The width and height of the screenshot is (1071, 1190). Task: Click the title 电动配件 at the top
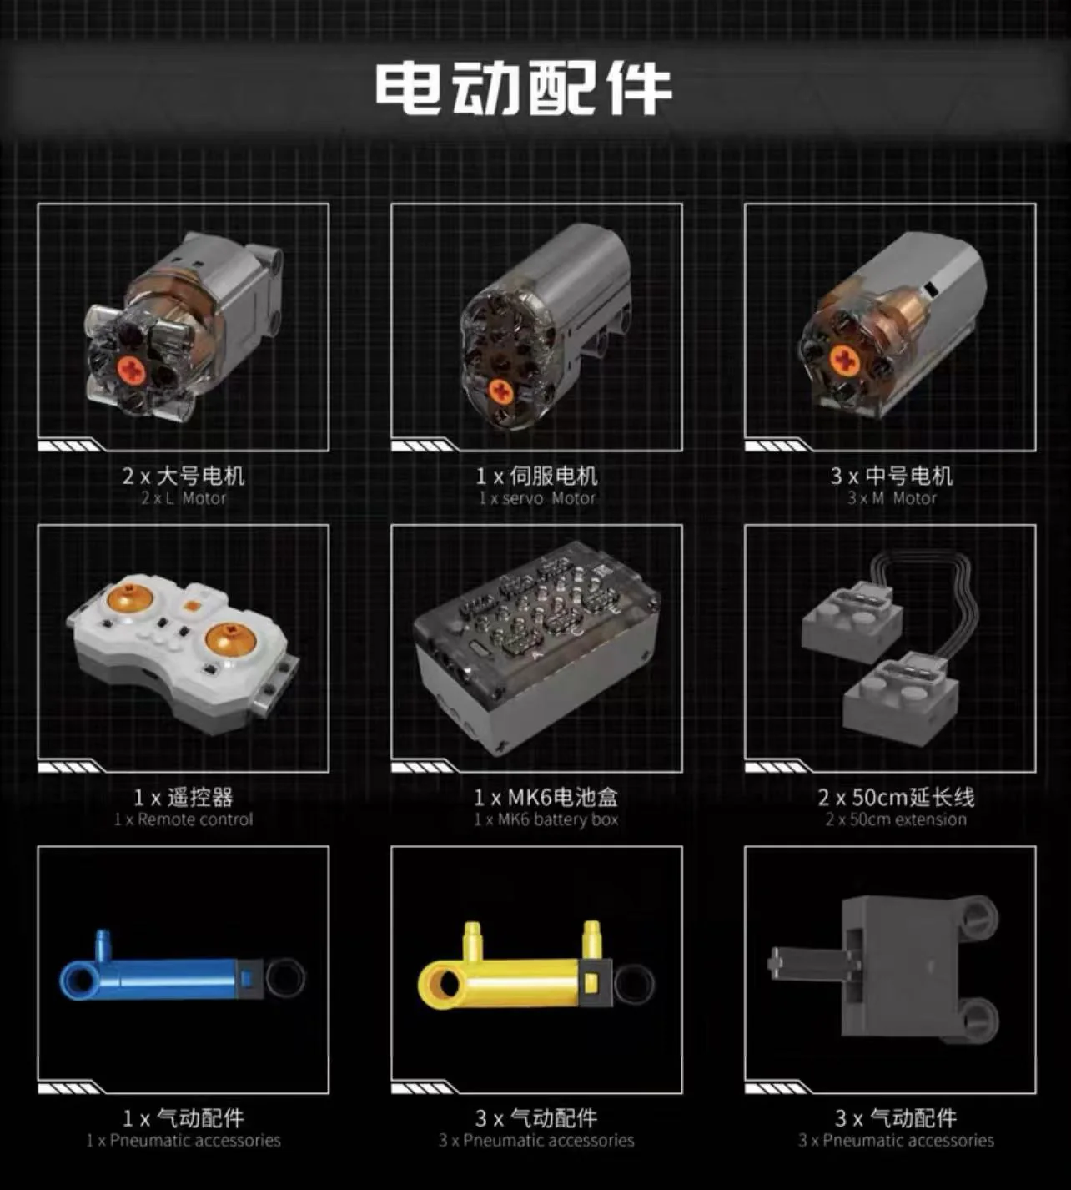click(x=523, y=87)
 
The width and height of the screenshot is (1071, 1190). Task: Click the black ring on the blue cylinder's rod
click(x=284, y=977)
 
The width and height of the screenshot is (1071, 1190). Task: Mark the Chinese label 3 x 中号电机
click(x=892, y=476)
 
